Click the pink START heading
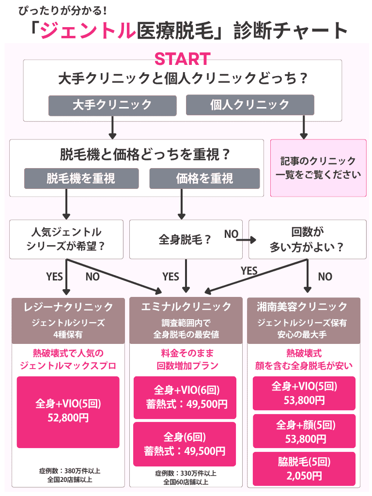(x=182, y=59)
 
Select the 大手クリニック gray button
(x=112, y=105)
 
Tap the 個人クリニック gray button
(x=250, y=105)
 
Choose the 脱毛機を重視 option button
(x=81, y=178)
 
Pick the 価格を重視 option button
(x=204, y=178)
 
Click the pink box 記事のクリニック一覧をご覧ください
(x=318, y=168)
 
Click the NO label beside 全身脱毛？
(x=231, y=234)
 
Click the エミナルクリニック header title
(x=186, y=307)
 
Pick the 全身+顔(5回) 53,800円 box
(x=304, y=432)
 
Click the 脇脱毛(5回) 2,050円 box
(x=304, y=469)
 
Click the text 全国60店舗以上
(x=186, y=482)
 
